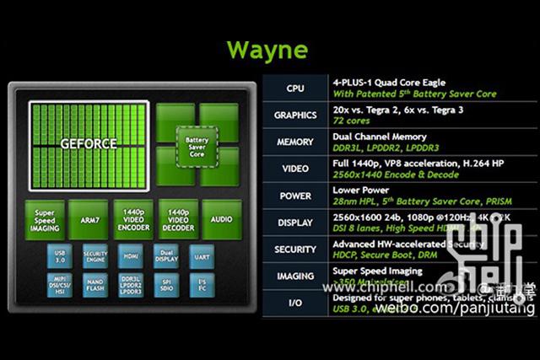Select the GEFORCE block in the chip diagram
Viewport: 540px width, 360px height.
(x=88, y=143)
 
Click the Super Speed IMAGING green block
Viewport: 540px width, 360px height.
(x=45, y=218)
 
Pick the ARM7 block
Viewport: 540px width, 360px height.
(x=88, y=218)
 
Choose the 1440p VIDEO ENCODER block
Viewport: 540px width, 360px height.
(x=132, y=218)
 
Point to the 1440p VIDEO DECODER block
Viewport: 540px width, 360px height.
(x=177, y=218)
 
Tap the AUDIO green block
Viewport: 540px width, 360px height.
(x=221, y=218)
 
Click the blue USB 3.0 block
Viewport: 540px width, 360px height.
(x=59, y=254)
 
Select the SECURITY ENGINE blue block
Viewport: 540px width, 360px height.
(x=95, y=254)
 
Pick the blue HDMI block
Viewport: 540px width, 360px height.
(x=131, y=254)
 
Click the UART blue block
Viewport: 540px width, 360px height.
(x=201, y=254)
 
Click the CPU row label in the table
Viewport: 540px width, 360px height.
(x=295, y=88)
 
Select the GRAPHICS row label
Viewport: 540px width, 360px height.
(x=295, y=115)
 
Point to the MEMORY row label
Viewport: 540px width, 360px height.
(x=295, y=142)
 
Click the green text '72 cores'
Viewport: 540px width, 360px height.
(x=351, y=121)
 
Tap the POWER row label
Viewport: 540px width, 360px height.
(x=295, y=196)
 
